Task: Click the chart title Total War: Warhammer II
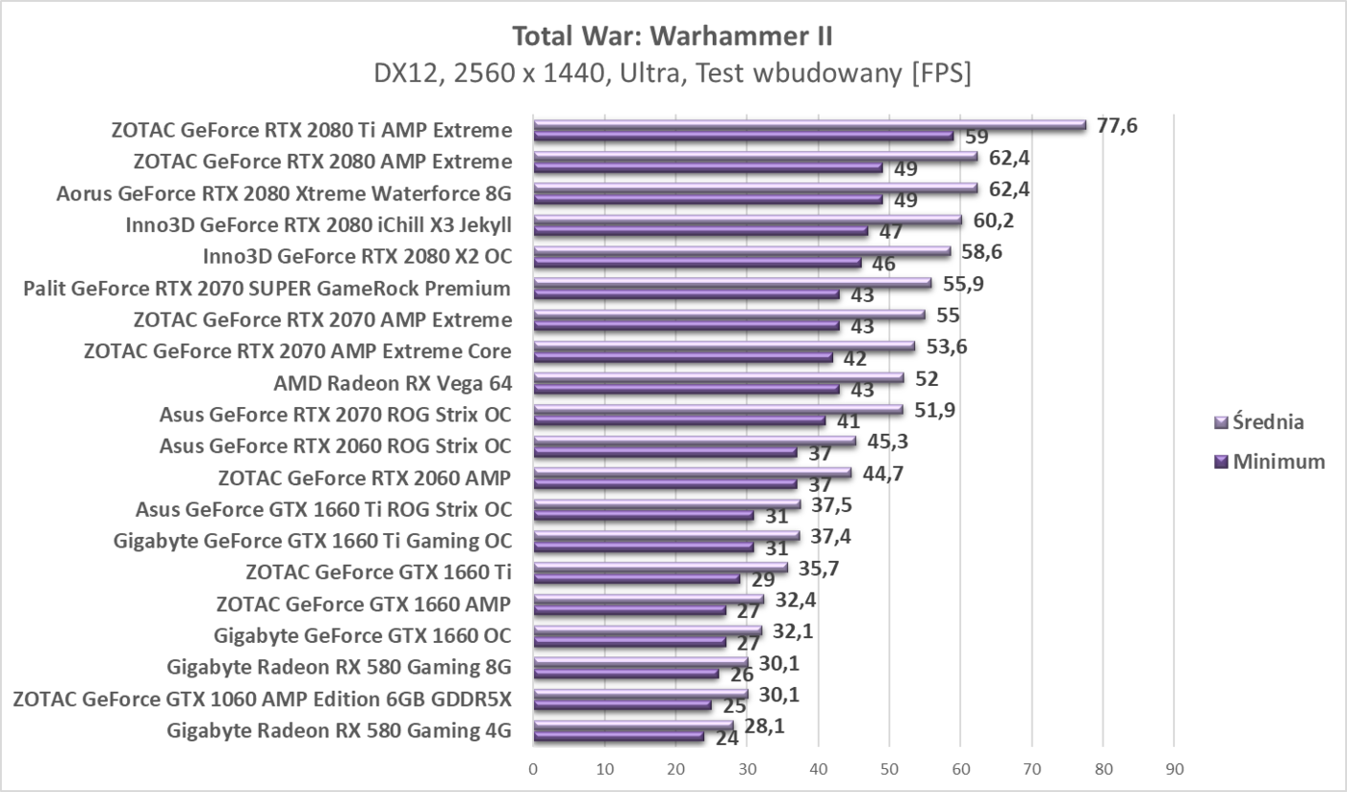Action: pyautogui.click(x=673, y=37)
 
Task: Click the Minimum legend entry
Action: pyautogui.click(x=1270, y=462)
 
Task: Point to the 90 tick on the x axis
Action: pyautogui.click(x=1174, y=769)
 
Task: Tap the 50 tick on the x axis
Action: pyautogui.click(x=889, y=769)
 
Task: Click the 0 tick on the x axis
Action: pyautogui.click(x=533, y=769)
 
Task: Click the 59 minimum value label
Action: pyautogui.click(x=978, y=138)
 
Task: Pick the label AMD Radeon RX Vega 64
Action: pyautogui.click(x=393, y=384)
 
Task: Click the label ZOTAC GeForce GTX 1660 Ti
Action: pyautogui.click(x=378, y=574)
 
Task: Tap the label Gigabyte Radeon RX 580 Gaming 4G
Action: pyautogui.click(x=339, y=731)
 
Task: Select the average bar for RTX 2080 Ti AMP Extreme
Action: pyautogui.click(x=809, y=124)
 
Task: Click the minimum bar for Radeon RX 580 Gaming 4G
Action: pyautogui.click(x=619, y=737)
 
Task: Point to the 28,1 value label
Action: pyautogui.click(x=764, y=727)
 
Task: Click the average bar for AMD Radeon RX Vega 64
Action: pyautogui.click(x=719, y=378)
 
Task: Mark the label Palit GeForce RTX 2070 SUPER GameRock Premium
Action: pyautogui.click(x=267, y=289)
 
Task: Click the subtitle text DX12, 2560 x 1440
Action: pyautogui.click(x=500, y=74)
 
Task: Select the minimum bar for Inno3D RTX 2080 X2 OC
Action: pyautogui.click(x=698, y=262)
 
